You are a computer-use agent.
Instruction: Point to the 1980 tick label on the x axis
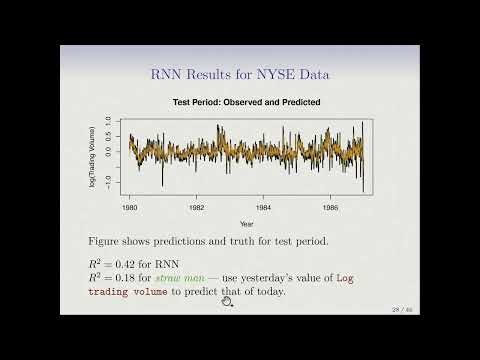(x=131, y=208)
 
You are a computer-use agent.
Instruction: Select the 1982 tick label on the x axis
(x=197, y=208)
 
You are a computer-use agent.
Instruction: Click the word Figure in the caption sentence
(x=106, y=242)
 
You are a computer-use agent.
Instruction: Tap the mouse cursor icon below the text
(x=227, y=301)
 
